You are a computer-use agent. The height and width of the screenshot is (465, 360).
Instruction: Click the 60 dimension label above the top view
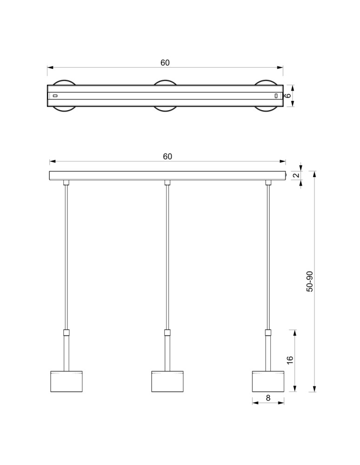click(165, 63)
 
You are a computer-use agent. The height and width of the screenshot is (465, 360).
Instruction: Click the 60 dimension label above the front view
click(167, 157)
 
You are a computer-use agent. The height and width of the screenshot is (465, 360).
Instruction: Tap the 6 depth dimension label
click(288, 96)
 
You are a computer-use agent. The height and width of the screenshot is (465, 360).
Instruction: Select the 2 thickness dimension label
click(295, 175)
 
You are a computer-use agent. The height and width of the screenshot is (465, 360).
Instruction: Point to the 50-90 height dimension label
click(310, 281)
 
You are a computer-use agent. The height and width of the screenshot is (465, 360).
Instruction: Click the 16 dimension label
click(290, 360)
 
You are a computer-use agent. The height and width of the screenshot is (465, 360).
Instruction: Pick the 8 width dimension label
click(268, 398)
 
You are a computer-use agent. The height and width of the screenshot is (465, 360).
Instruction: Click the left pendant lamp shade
click(66, 381)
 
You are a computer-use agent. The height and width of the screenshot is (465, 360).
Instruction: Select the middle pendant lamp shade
click(167, 381)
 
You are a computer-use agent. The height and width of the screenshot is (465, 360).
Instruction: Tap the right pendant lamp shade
click(268, 381)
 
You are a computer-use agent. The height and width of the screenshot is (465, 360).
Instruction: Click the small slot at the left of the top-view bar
click(55, 96)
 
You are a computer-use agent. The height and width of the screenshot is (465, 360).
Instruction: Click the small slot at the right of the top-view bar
click(276, 96)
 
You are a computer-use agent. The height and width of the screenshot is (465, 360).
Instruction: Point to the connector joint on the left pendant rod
click(66, 332)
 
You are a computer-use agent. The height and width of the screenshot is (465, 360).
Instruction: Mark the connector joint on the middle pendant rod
click(167, 332)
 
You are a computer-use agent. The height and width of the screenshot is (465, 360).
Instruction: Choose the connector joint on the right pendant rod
click(268, 332)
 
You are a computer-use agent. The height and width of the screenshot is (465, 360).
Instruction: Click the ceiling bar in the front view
click(167, 175)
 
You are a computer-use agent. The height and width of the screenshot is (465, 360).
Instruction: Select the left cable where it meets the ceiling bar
click(66, 182)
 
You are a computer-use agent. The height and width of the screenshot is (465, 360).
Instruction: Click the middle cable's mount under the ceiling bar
click(167, 182)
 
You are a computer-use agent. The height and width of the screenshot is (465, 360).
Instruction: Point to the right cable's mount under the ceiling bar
click(268, 182)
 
